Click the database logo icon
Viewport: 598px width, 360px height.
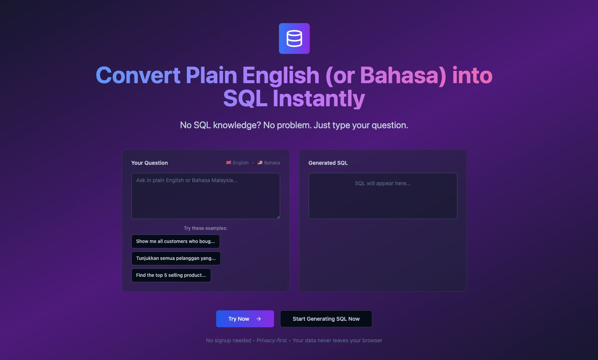pos(294,39)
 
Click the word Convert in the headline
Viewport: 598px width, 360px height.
pos(138,75)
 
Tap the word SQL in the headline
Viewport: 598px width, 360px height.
pos(245,99)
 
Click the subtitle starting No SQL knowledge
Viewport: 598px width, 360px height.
pos(294,125)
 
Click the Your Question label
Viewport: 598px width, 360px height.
pos(149,163)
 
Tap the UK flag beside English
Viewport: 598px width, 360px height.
pos(228,162)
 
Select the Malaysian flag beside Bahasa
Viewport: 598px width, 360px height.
pos(260,162)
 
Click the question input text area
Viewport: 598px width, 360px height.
pos(206,196)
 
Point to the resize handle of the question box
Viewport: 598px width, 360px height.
pos(278,217)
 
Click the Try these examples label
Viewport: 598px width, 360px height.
pos(206,228)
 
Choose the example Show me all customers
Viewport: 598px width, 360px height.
pos(176,241)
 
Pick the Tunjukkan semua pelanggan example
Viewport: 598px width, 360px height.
pos(176,258)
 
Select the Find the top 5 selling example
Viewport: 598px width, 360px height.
pos(171,275)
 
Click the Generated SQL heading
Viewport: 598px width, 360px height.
pos(328,163)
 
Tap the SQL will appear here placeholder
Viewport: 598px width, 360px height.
pos(383,183)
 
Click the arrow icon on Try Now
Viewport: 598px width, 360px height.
pos(259,319)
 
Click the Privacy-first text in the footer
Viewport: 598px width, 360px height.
pos(272,340)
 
